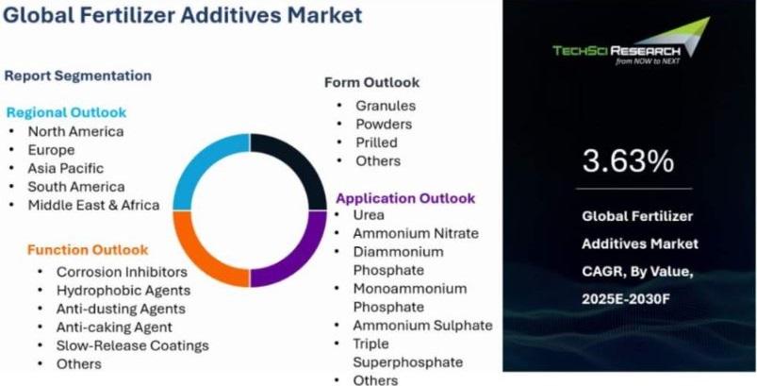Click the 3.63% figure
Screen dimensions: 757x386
pyautogui.click(x=628, y=161)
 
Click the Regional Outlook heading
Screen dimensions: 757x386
pyautogui.click(x=66, y=113)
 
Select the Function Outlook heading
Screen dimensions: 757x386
pyautogui.click(x=88, y=250)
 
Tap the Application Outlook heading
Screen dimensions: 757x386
pyautogui.click(x=405, y=198)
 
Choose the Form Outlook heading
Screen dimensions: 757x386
pyautogui.click(x=371, y=83)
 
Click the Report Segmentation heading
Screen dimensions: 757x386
pyautogui.click(x=77, y=76)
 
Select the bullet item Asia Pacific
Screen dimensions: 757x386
pyautogui.click(x=66, y=168)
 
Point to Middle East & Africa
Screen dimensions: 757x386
pyautogui.click(x=93, y=206)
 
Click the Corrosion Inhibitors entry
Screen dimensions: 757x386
pyautogui.click(x=122, y=272)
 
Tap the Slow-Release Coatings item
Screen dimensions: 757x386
pyautogui.click(x=133, y=346)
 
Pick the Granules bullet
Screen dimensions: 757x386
pyautogui.click(x=386, y=106)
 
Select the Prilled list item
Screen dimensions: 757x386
pyautogui.click(x=376, y=143)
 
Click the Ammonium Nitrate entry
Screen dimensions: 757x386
pyautogui.click(x=416, y=233)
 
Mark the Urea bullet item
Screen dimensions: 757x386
pyautogui.click(x=369, y=215)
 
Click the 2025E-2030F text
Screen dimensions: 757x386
pyautogui.click(x=626, y=299)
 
